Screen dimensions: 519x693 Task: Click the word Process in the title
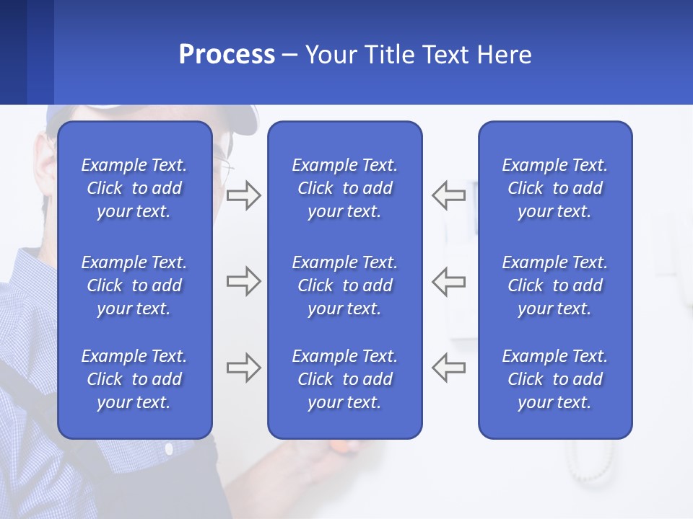(x=227, y=55)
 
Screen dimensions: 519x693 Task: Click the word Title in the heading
(x=391, y=55)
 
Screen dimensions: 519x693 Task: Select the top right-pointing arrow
(x=243, y=195)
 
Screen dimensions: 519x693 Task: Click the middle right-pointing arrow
(x=243, y=281)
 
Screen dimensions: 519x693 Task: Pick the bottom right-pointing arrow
(x=243, y=368)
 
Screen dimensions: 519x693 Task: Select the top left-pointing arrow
(x=448, y=195)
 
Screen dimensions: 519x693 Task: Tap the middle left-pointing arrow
(x=448, y=281)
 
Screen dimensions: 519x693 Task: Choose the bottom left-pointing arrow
(x=448, y=368)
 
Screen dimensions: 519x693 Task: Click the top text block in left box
(x=134, y=188)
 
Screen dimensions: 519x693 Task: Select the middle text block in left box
(x=134, y=285)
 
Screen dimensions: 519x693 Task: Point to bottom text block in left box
(x=134, y=379)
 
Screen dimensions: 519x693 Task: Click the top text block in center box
(x=344, y=188)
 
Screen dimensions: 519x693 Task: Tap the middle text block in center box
(x=344, y=285)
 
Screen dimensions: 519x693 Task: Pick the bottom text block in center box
(x=344, y=379)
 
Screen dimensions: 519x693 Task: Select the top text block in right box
(x=554, y=188)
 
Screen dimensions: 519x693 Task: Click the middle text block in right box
(x=554, y=285)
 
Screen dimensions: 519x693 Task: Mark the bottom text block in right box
(x=554, y=379)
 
